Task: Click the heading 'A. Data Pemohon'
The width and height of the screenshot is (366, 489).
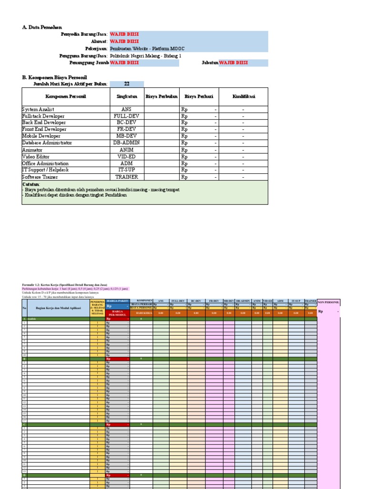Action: [x=42, y=28]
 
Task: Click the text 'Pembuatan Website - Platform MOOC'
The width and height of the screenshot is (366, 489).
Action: [x=147, y=49]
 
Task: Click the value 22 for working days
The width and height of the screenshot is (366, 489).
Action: [x=127, y=84]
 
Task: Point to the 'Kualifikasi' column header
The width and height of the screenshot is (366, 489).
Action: [x=244, y=96]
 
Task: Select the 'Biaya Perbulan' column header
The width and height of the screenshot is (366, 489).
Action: [x=162, y=96]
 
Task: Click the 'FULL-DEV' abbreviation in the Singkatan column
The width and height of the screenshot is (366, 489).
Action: [x=126, y=116]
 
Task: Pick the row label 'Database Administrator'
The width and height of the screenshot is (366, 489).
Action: [x=47, y=143]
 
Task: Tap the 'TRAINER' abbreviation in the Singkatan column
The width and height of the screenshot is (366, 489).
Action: [x=126, y=177]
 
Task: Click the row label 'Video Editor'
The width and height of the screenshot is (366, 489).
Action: [x=36, y=157]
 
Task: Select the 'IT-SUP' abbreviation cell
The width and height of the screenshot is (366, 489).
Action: [x=126, y=170]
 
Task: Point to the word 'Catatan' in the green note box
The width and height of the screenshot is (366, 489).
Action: [x=31, y=184]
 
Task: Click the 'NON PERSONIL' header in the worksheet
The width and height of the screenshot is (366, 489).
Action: [x=328, y=302]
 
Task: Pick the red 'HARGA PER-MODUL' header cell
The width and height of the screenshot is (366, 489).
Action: [x=117, y=313]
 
